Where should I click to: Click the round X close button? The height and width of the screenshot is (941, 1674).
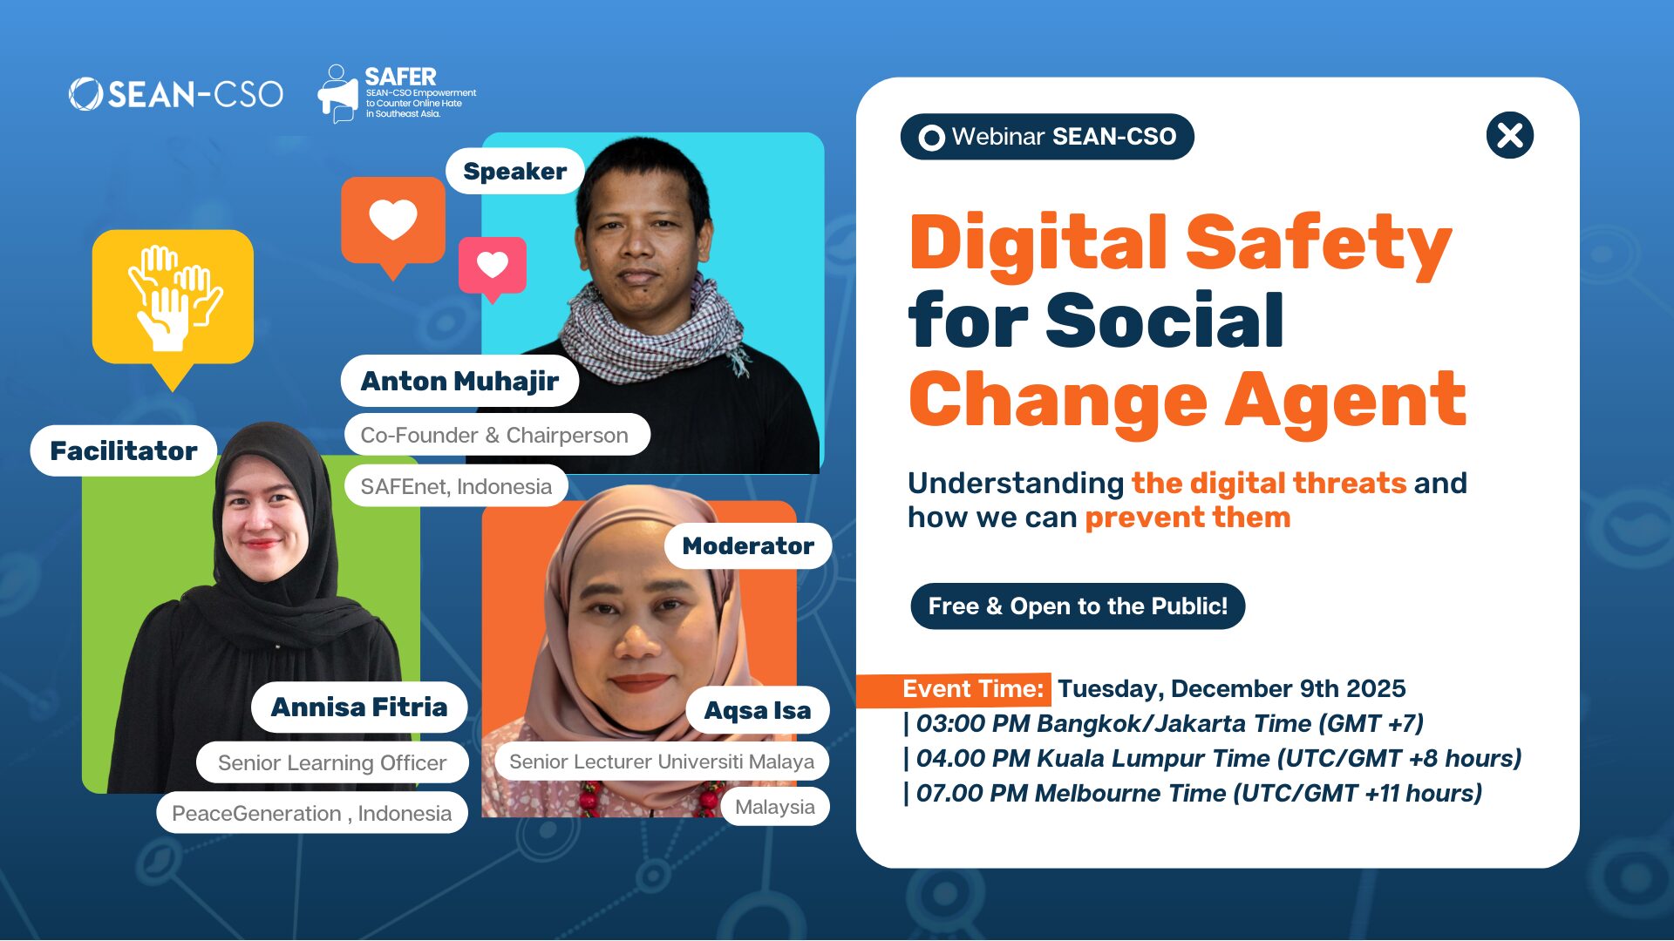(x=1509, y=136)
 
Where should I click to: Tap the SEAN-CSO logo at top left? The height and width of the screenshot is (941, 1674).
(x=176, y=94)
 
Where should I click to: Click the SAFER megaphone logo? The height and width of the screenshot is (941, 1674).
(x=338, y=93)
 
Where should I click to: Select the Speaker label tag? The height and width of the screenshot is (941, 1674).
(x=514, y=172)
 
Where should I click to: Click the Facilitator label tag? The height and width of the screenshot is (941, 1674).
(x=124, y=450)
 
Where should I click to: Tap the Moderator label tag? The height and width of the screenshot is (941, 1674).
(x=747, y=546)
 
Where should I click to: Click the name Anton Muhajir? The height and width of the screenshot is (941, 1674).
(x=459, y=381)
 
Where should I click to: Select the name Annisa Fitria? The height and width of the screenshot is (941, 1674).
(x=359, y=707)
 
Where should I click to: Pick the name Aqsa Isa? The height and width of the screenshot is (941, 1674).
(x=757, y=711)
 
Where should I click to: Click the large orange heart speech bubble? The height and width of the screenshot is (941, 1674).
(x=393, y=220)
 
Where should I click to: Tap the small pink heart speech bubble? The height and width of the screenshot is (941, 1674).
(x=493, y=265)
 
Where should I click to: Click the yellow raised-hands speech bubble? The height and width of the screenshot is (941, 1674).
(x=173, y=297)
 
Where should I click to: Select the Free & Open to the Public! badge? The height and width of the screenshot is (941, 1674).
(x=1078, y=606)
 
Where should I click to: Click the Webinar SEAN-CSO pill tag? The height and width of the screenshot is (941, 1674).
(x=1047, y=137)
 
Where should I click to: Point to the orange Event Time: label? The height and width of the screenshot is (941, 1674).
(x=971, y=689)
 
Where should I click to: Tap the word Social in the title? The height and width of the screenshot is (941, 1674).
(x=1164, y=321)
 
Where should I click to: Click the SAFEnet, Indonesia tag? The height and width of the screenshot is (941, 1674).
(x=456, y=486)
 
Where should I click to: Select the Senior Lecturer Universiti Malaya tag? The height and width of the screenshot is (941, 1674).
(x=661, y=762)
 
